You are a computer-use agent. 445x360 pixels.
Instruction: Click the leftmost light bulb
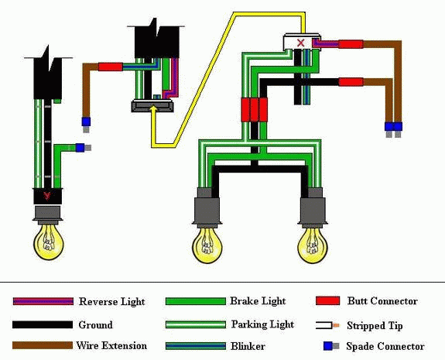click(x=48, y=242)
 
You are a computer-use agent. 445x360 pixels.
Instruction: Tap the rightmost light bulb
click(x=313, y=245)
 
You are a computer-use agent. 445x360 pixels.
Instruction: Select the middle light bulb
click(x=207, y=245)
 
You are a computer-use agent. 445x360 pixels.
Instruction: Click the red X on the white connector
click(x=300, y=43)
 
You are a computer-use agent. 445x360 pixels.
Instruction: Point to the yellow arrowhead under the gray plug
click(x=153, y=109)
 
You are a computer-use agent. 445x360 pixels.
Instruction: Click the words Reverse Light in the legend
click(x=111, y=301)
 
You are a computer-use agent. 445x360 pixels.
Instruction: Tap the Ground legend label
click(x=95, y=324)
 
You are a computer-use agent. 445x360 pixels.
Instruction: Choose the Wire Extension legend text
click(x=111, y=345)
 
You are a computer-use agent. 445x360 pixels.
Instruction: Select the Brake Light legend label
click(x=258, y=301)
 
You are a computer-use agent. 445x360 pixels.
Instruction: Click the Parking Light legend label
click(x=262, y=324)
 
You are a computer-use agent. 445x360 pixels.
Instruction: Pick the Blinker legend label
click(x=248, y=346)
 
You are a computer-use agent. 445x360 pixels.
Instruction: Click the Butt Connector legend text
click(x=382, y=301)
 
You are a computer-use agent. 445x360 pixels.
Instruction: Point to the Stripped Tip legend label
click(x=375, y=326)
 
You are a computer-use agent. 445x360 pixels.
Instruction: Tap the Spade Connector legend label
click(x=385, y=346)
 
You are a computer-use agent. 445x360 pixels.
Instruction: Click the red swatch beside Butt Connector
click(x=328, y=300)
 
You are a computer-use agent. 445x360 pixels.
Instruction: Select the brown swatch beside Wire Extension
click(x=43, y=345)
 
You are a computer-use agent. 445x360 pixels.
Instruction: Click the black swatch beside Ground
click(x=43, y=324)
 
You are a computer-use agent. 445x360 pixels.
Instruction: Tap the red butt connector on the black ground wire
click(x=351, y=82)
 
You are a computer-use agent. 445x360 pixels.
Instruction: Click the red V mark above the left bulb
click(x=47, y=196)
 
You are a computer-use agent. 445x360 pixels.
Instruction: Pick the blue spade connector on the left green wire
click(x=80, y=148)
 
